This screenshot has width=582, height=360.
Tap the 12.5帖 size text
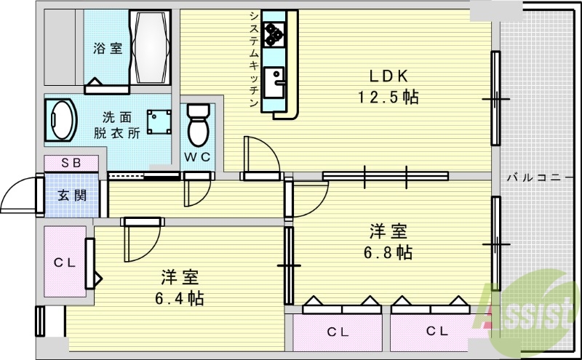pos(387,97)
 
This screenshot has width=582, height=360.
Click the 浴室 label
pos(107,49)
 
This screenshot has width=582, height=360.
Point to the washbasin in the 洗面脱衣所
pos(62,121)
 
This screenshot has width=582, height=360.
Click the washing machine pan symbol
pos(159,121)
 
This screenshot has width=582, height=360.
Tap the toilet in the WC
pos(197,126)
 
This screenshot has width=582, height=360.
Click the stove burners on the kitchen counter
pos(275,31)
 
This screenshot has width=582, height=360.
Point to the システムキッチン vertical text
pos(252,60)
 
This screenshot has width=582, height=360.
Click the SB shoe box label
pos(71,163)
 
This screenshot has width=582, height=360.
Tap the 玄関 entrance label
pos(71,195)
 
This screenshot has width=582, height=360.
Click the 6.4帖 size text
pos(179,297)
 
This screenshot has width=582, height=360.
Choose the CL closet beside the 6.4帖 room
pos(64,263)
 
